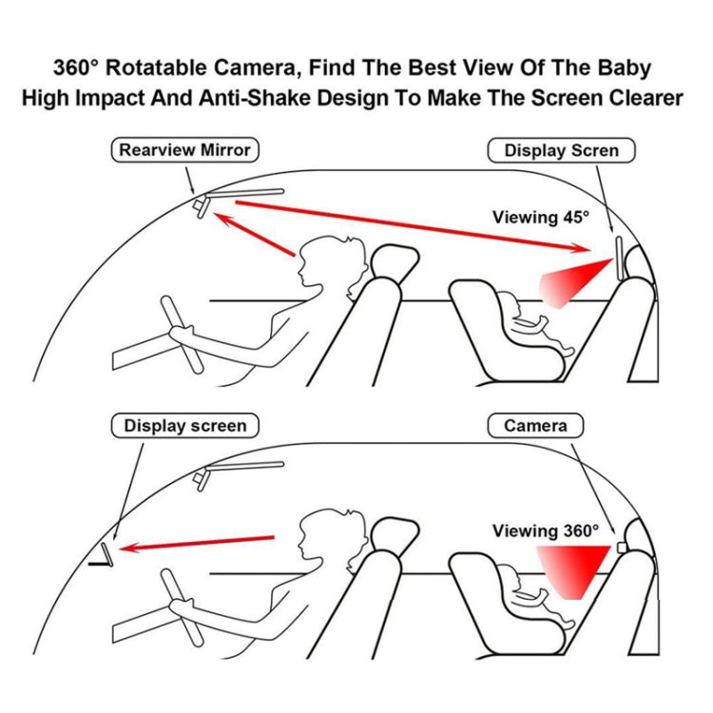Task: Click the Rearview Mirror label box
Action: point(185,150)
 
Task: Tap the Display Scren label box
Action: point(561,150)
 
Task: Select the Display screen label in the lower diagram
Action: point(185,426)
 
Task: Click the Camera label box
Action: point(535,426)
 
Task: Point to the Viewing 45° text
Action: point(541,217)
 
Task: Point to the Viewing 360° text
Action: point(546,530)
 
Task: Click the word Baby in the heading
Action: point(624,67)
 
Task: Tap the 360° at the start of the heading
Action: point(75,67)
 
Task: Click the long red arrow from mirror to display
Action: point(413,226)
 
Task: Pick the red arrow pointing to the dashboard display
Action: point(197,543)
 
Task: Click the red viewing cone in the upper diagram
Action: point(575,282)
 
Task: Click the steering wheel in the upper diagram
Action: point(182,335)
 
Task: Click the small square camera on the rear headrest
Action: point(622,548)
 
